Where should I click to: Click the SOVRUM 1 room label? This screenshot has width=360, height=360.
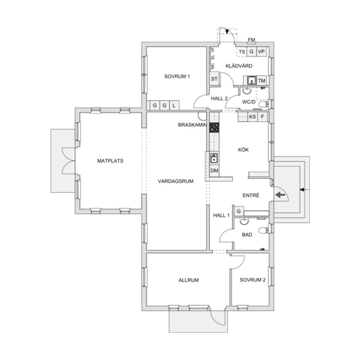(x=177, y=76)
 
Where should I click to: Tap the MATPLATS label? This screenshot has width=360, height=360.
(x=110, y=161)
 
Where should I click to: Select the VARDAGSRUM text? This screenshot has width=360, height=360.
(x=175, y=181)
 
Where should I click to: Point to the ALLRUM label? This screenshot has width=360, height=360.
(x=189, y=280)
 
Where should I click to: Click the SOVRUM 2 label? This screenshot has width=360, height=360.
(x=250, y=280)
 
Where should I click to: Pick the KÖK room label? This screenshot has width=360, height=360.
(x=243, y=150)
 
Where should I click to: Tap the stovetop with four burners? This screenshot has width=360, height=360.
(x=214, y=127)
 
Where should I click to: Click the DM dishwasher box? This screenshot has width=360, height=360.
(x=214, y=171)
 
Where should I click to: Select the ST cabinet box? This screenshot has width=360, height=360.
(x=214, y=79)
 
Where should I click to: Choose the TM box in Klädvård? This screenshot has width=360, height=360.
(x=262, y=81)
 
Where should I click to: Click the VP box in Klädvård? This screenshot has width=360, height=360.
(x=261, y=52)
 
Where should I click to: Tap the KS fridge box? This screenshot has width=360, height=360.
(x=253, y=117)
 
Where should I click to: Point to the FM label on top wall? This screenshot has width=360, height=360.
(x=251, y=40)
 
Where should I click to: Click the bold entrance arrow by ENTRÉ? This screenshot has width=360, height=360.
(x=280, y=195)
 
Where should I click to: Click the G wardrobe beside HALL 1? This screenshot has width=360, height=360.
(x=238, y=211)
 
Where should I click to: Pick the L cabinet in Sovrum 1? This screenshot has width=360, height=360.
(x=174, y=106)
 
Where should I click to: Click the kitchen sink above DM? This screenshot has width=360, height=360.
(x=214, y=158)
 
